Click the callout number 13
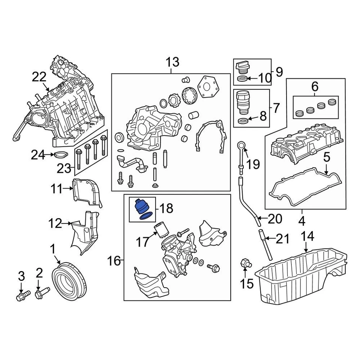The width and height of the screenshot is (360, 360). pos(172,62)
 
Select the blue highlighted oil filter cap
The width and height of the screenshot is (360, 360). pos(141,207)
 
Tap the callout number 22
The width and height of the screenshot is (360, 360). pos(39,77)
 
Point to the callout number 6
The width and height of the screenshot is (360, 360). pos(314,87)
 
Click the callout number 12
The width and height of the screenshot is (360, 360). pos(55,224)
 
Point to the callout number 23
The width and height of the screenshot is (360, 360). pos(64,169)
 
